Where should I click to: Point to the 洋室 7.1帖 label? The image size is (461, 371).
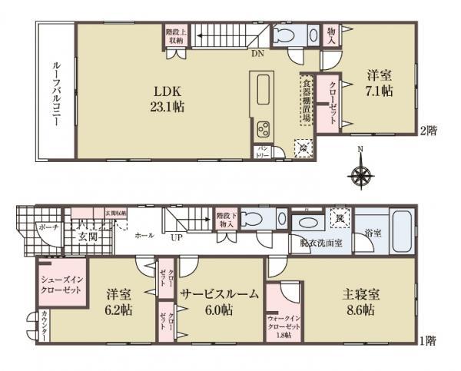point(379,81)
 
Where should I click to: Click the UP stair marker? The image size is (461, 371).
point(176,237)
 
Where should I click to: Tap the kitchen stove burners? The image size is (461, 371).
point(262,127)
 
